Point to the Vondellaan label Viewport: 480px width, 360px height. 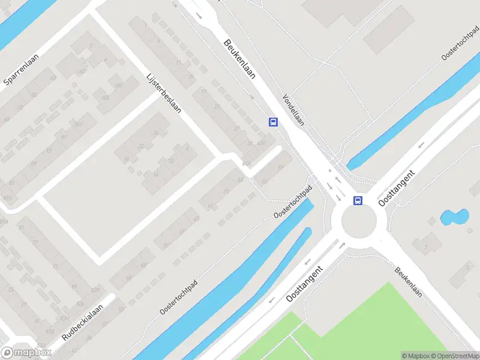coord(293,109)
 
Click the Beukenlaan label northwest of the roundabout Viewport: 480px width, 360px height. coord(240,59)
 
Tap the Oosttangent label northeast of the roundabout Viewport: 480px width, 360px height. coord(399,186)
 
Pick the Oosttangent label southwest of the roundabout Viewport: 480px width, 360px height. coord(305,283)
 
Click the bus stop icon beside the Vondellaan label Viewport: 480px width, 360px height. coord(273,122)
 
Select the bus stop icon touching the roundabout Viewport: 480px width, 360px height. coord(358,200)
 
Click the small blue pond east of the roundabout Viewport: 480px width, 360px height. coord(454,217)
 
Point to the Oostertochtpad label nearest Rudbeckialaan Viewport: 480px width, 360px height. coord(179,296)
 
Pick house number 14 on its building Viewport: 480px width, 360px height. coord(156,175)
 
